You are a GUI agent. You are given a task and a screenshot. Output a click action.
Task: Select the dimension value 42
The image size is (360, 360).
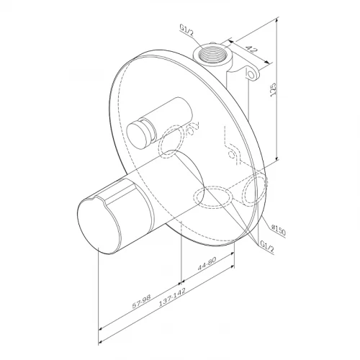point(250,51)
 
